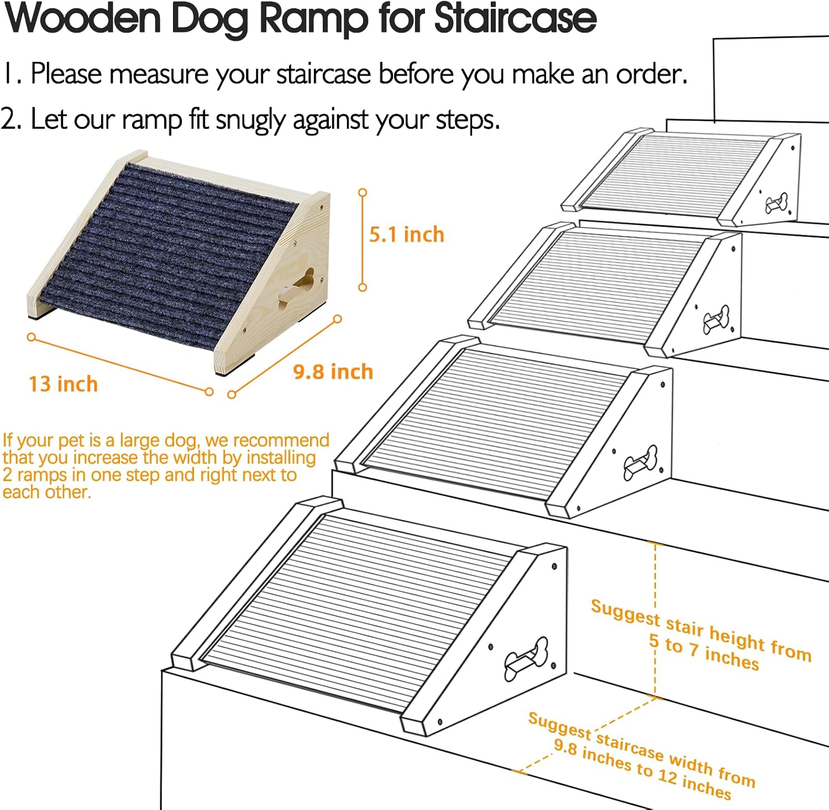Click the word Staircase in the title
[516, 19]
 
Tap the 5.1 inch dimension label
[407, 235]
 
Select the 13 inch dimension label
[63, 384]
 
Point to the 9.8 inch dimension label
[333, 372]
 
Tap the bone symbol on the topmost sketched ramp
[776, 203]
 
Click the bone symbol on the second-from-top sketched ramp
[716, 319]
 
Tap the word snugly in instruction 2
[253, 120]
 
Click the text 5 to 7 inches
[704, 651]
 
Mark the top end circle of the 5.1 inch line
[363, 192]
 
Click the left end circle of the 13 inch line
[32, 336]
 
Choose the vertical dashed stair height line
[655, 620]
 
